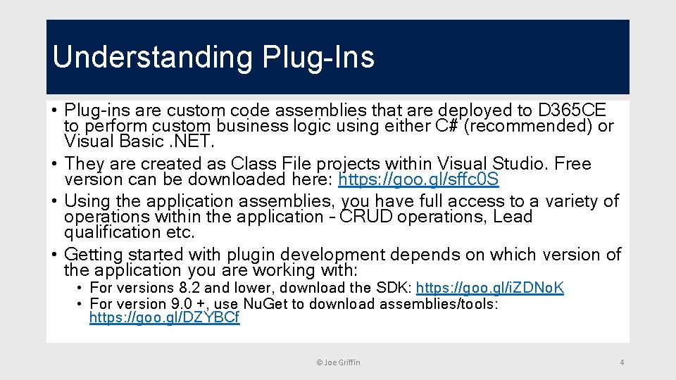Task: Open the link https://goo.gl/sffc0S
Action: pos(418,180)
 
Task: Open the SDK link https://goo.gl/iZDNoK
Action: pos(489,288)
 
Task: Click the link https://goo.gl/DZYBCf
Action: pos(164,318)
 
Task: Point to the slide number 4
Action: pos(622,362)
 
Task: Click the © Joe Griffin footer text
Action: pos(338,362)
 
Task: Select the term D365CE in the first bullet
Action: pos(571,111)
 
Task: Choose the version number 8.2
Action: pos(189,288)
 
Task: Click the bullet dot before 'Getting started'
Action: pos(54,254)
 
